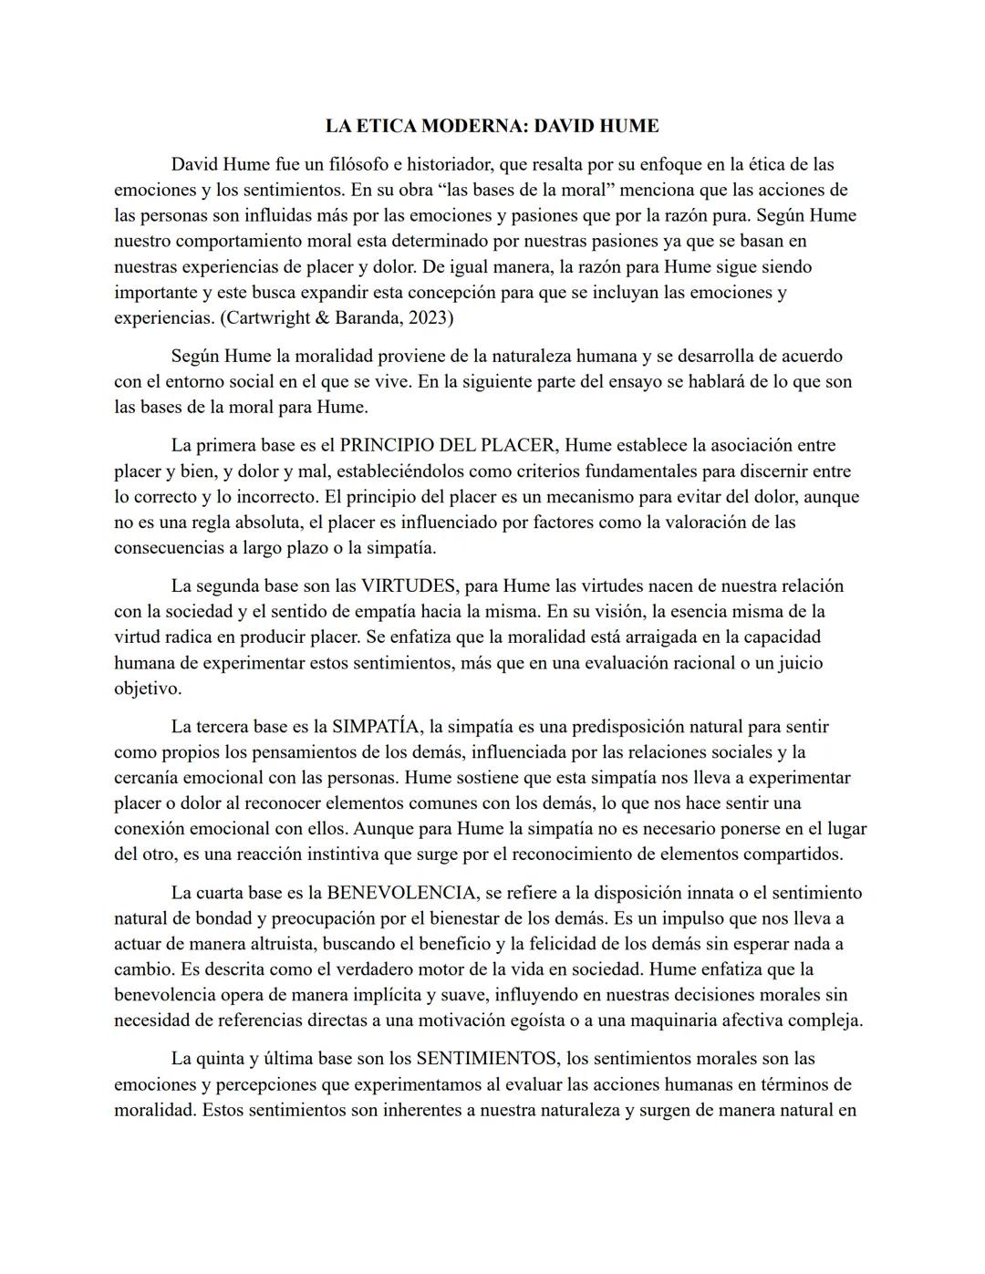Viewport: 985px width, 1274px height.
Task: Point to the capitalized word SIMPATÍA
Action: pyautogui.click(x=376, y=727)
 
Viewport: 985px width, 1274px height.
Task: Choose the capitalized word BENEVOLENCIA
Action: pyautogui.click(x=402, y=893)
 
